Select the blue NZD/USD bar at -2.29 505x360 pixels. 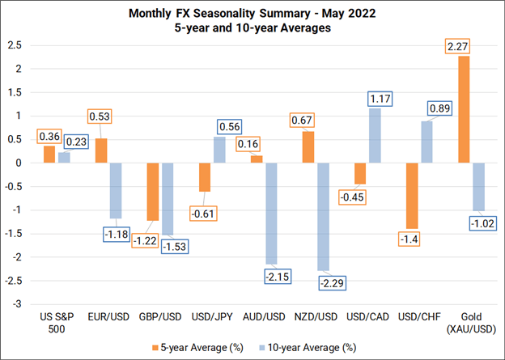(x=324, y=217)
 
